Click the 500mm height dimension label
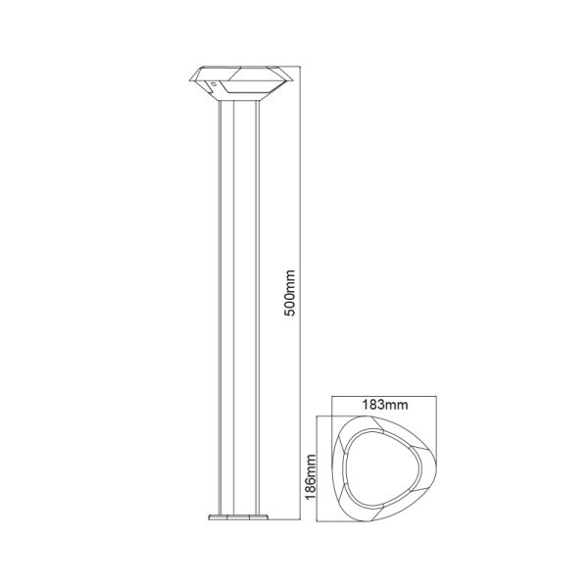click(x=289, y=291)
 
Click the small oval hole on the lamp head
click(x=212, y=86)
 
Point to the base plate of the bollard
click(x=235, y=515)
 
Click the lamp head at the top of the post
click(x=235, y=81)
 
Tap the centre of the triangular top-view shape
click(x=378, y=466)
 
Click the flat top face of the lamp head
click(x=235, y=68)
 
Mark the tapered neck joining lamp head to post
click(x=235, y=97)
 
